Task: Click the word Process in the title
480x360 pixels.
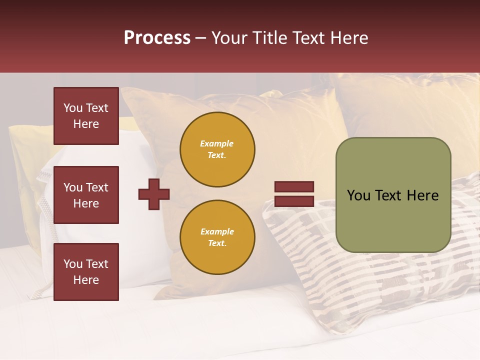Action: pos(157,38)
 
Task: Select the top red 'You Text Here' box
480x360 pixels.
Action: pos(86,116)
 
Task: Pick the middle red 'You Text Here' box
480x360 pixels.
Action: pos(86,195)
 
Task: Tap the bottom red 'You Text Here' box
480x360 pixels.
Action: pos(86,272)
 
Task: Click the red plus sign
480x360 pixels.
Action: pos(154,194)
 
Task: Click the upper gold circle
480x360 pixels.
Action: pos(217,149)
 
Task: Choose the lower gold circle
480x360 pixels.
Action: pos(217,237)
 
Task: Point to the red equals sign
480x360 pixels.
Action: pos(294,194)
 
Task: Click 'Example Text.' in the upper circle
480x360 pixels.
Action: pos(217,149)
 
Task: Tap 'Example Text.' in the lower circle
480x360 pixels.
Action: pos(217,237)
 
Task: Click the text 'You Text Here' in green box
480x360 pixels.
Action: pos(393,195)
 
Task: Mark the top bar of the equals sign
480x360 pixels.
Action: pos(294,187)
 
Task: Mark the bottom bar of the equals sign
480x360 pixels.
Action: pos(294,201)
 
